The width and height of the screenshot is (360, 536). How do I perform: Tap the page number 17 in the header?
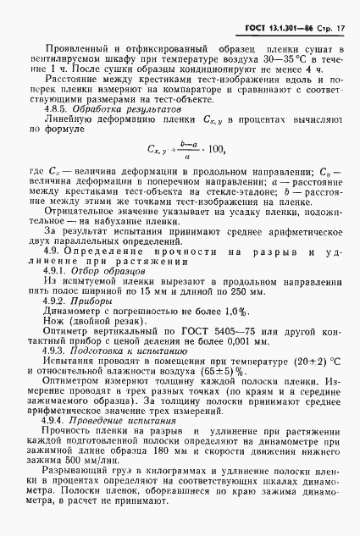[339, 30]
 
